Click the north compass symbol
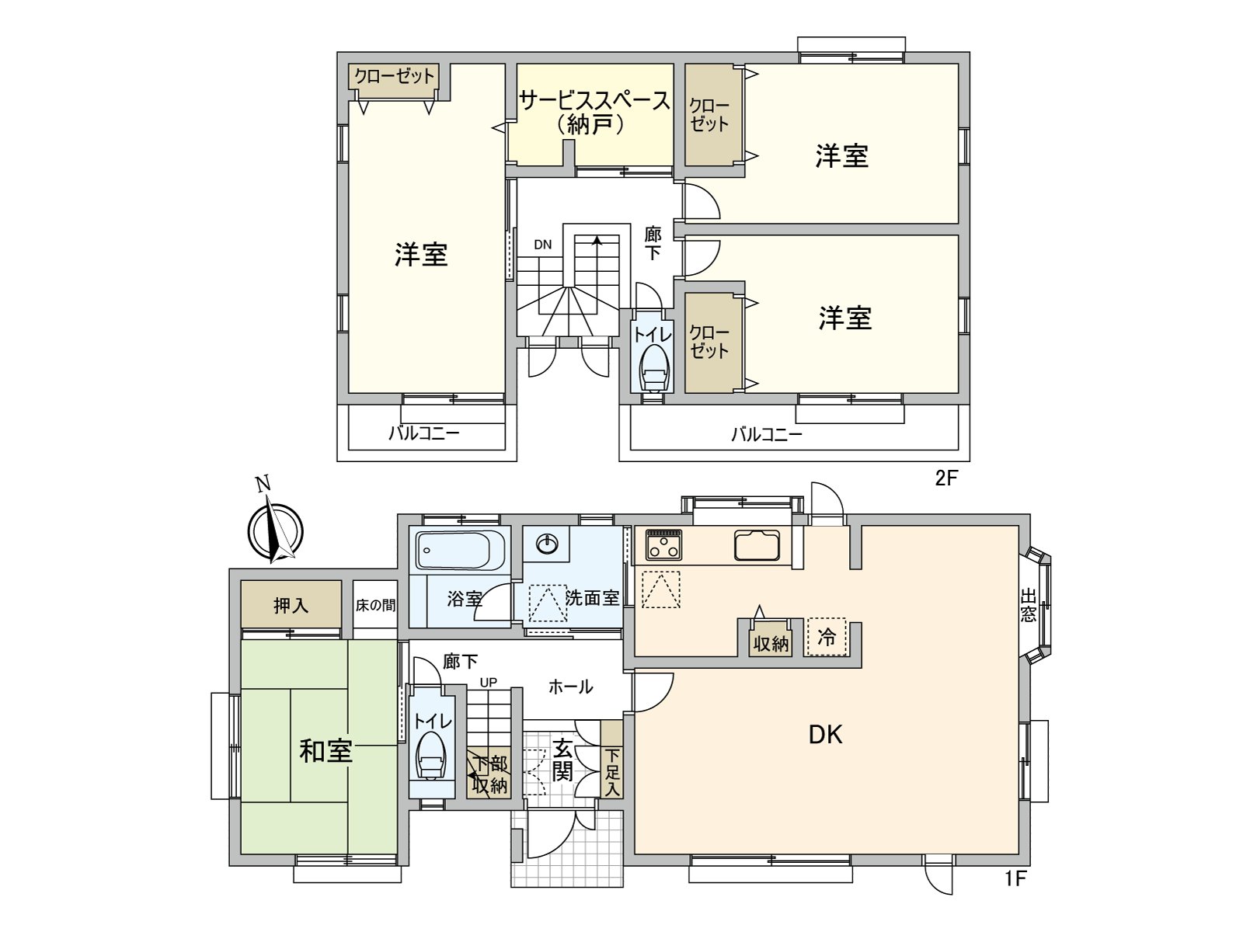tap(274, 531)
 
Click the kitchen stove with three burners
tap(664, 544)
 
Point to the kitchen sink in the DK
tap(757, 544)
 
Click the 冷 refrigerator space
tap(827, 637)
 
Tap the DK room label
tap(825, 734)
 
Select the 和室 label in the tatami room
tap(326, 751)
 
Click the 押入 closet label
tap(291, 605)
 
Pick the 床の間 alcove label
tap(375, 605)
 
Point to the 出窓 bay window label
tap(1029, 606)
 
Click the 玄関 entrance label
tap(562, 760)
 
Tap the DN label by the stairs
tap(542, 245)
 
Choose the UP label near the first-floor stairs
tap(488, 683)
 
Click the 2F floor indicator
tap(946, 478)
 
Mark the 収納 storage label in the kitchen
tap(771, 644)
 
